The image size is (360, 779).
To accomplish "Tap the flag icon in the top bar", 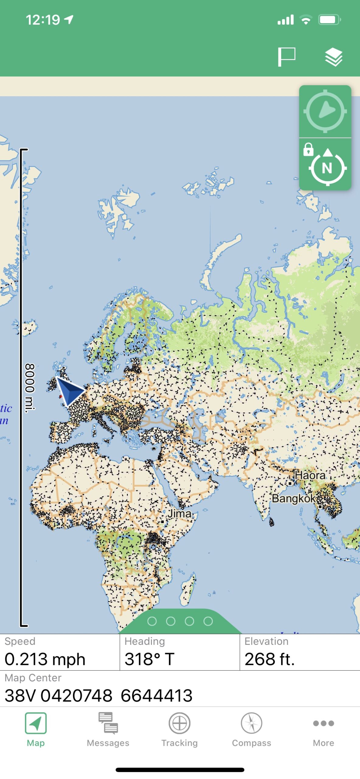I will coord(286,57).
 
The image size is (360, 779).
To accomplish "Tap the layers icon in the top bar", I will coord(334,57).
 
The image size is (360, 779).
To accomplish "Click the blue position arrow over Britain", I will coord(70,391).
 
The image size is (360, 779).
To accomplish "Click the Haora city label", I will coord(310,475).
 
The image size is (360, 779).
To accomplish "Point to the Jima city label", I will coord(180,514).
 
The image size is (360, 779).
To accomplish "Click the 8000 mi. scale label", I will coord(30,388).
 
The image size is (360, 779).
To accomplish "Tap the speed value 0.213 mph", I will coord(45,659).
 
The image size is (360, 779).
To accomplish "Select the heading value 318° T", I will coord(149,659).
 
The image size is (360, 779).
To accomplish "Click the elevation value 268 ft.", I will coord(270,659).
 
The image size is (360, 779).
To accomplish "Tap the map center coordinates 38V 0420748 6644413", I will coord(99,695).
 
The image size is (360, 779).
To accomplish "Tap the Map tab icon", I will coord(36,724).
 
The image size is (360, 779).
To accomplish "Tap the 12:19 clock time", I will coord(43,20).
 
